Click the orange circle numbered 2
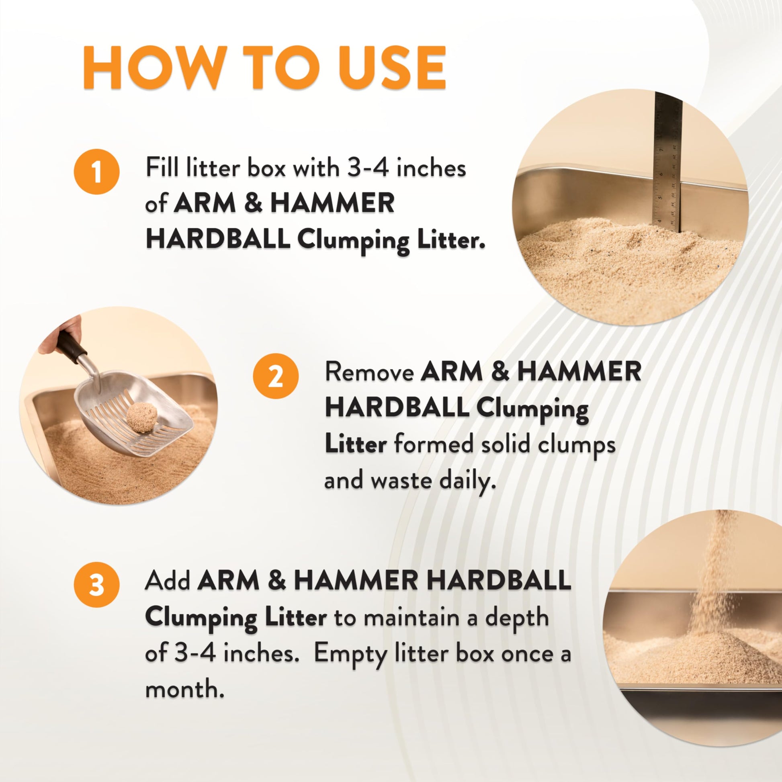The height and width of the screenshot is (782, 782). (x=276, y=380)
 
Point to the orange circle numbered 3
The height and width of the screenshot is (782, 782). (x=97, y=586)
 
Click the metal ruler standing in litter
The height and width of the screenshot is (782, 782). (x=668, y=162)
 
